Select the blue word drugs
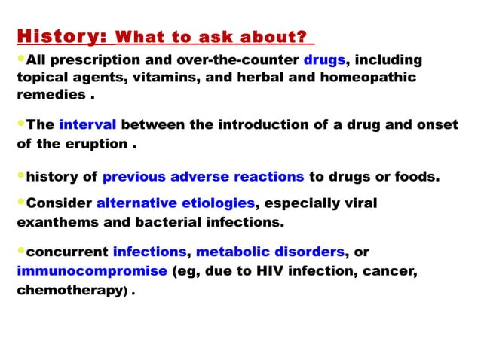(x=324, y=60)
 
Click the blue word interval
(x=87, y=124)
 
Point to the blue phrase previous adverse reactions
(x=203, y=178)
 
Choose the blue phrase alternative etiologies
(x=176, y=203)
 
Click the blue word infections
(x=149, y=252)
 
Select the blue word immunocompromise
(x=92, y=271)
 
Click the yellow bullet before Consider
(x=21, y=203)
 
